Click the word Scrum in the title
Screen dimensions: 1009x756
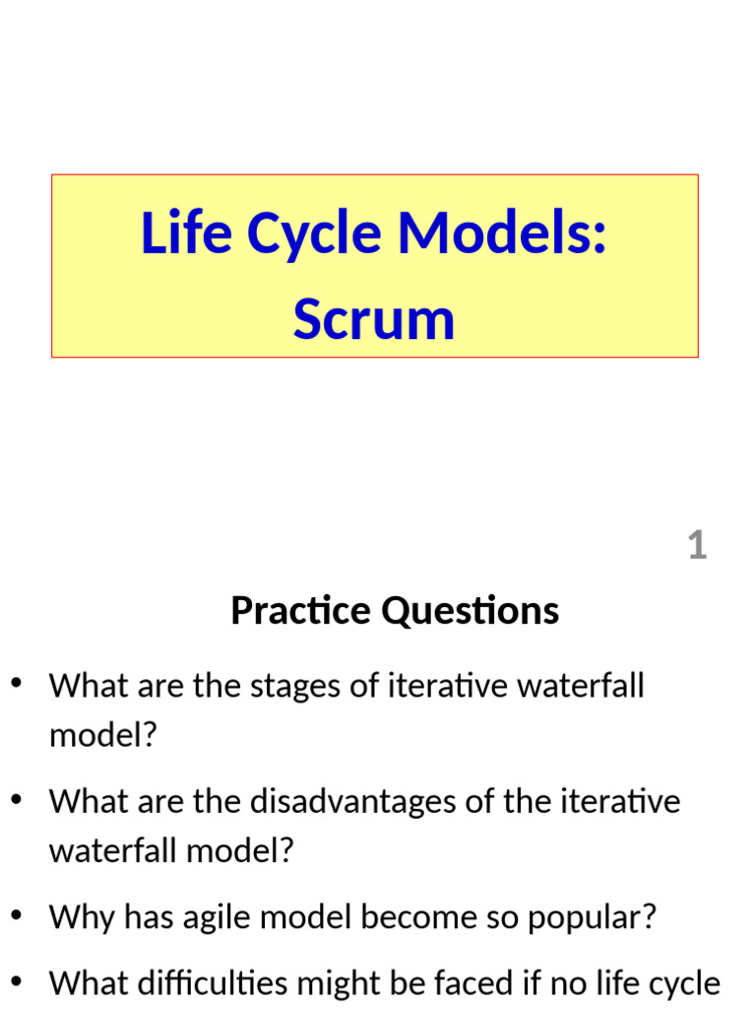374,320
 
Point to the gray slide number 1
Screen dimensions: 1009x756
697,545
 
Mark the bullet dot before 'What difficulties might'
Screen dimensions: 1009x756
16,981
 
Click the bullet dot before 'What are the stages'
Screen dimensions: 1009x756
16,685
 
